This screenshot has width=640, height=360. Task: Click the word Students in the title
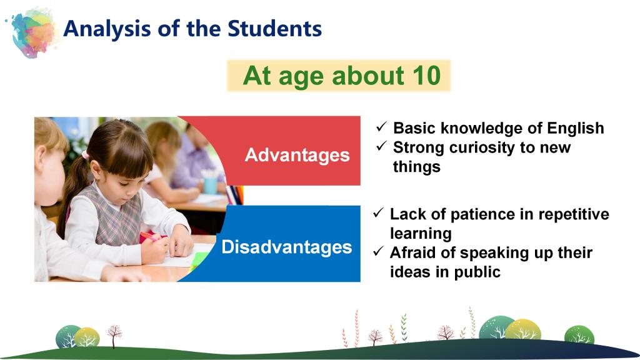[274, 29]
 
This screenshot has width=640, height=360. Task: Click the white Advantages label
[297, 155]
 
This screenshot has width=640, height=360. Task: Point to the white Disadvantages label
[286, 246]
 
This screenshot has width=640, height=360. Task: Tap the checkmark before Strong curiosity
[381, 146]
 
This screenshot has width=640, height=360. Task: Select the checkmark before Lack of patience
[378, 212]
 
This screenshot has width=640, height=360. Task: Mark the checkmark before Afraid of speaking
[378, 251]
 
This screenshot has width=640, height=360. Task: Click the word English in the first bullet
[576, 129]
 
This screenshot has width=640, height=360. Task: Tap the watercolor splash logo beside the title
[32, 32]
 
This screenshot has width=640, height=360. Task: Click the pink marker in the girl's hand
[149, 236]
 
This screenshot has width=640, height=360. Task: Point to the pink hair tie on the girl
[85, 155]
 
